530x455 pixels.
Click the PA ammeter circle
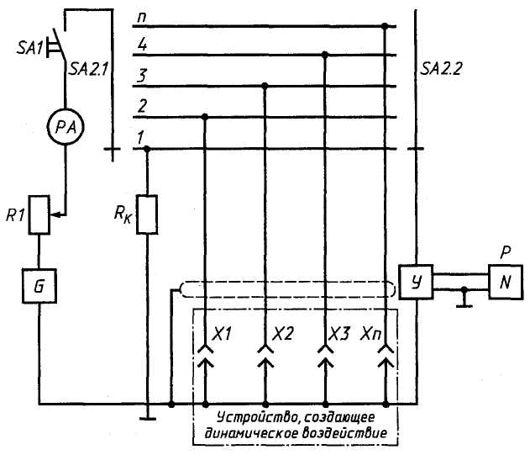tap(65, 127)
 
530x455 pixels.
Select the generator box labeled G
tap(39, 286)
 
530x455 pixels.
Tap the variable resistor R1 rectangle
tap(39, 214)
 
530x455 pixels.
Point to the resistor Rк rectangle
tap(147, 214)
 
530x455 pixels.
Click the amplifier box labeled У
tap(416, 282)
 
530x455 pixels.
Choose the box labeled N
tap(506, 282)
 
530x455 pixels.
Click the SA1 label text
tap(29, 49)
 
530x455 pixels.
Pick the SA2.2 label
tap(441, 69)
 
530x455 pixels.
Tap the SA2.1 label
tap(88, 70)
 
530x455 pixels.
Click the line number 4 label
tap(142, 45)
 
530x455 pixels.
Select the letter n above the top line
tap(142, 18)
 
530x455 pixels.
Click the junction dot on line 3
tap(265, 85)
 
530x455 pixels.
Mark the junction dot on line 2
tap(204, 117)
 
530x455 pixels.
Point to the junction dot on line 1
tap(147, 149)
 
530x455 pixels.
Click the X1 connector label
tap(222, 334)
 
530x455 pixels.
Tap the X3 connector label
tap(339, 334)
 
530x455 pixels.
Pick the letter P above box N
tap(506, 252)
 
